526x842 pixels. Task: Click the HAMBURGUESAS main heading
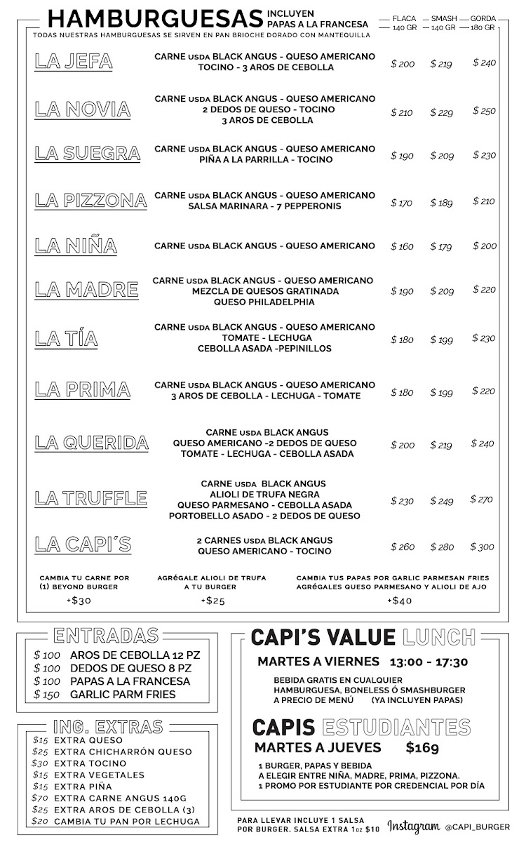click(156, 19)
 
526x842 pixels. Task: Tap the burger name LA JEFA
click(74, 62)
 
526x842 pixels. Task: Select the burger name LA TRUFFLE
click(91, 499)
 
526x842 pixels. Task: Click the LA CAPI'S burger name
click(83, 544)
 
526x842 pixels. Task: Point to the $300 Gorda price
click(483, 547)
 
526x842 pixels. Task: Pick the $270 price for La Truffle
click(481, 500)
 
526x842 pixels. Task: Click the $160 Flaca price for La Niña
click(402, 246)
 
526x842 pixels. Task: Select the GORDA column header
click(483, 19)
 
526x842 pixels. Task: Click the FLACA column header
click(404, 19)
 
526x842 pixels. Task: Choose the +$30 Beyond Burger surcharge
click(79, 600)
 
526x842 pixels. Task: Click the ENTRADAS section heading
click(106, 636)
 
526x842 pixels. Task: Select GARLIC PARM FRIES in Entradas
click(123, 695)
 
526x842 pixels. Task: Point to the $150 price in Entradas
click(46, 695)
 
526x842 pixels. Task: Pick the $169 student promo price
click(422, 747)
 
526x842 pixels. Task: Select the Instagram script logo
click(414, 828)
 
